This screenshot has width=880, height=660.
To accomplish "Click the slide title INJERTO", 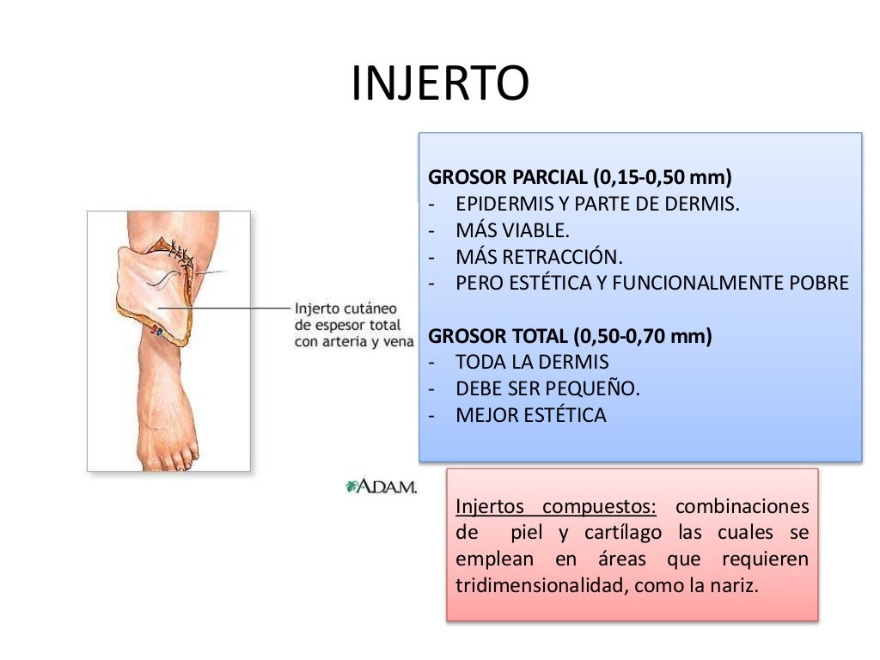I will pyautogui.click(x=440, y=84).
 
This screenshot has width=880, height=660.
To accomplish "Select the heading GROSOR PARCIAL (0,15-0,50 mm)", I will pyautogui.click(x=579, y=178).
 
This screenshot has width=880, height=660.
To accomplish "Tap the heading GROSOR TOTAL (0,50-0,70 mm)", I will pyautogui.click(x=570, y=336).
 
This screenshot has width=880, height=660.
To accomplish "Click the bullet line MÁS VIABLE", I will pyautogui.click(x=512, y=230).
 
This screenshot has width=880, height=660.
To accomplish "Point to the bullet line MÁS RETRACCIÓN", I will pyautogui.click(x=539, y=257).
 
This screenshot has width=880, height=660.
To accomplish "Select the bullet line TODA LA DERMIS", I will pyautogui.click(x=532, y=362).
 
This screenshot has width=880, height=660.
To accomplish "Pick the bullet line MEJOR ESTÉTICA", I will pyautogui.click(x=530, y=415).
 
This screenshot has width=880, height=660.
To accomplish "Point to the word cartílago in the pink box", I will pyautogui.click(x=623, y=532).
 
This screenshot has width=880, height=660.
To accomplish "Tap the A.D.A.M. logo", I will pyautogui.click(x=380, y=486).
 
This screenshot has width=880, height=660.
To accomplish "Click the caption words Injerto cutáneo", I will pyautogui.click(x=345, y=309).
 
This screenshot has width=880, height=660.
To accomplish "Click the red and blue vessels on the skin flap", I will pyautogui.click(x=156, y=329).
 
